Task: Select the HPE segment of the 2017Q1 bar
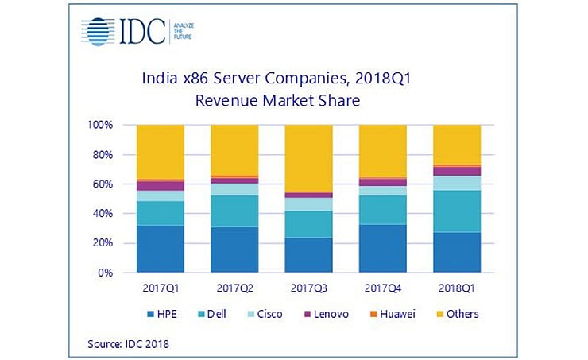pyautogui.click(x=160, y=249)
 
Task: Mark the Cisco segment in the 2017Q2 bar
pyautogui.click(x=234, y=189)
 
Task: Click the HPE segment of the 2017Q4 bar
pyautogui.click(x=382, y=248)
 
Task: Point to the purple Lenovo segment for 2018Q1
pyautogui.click(x=456, y=171)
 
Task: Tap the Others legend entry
pyautogui.click(x=455, y=314)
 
